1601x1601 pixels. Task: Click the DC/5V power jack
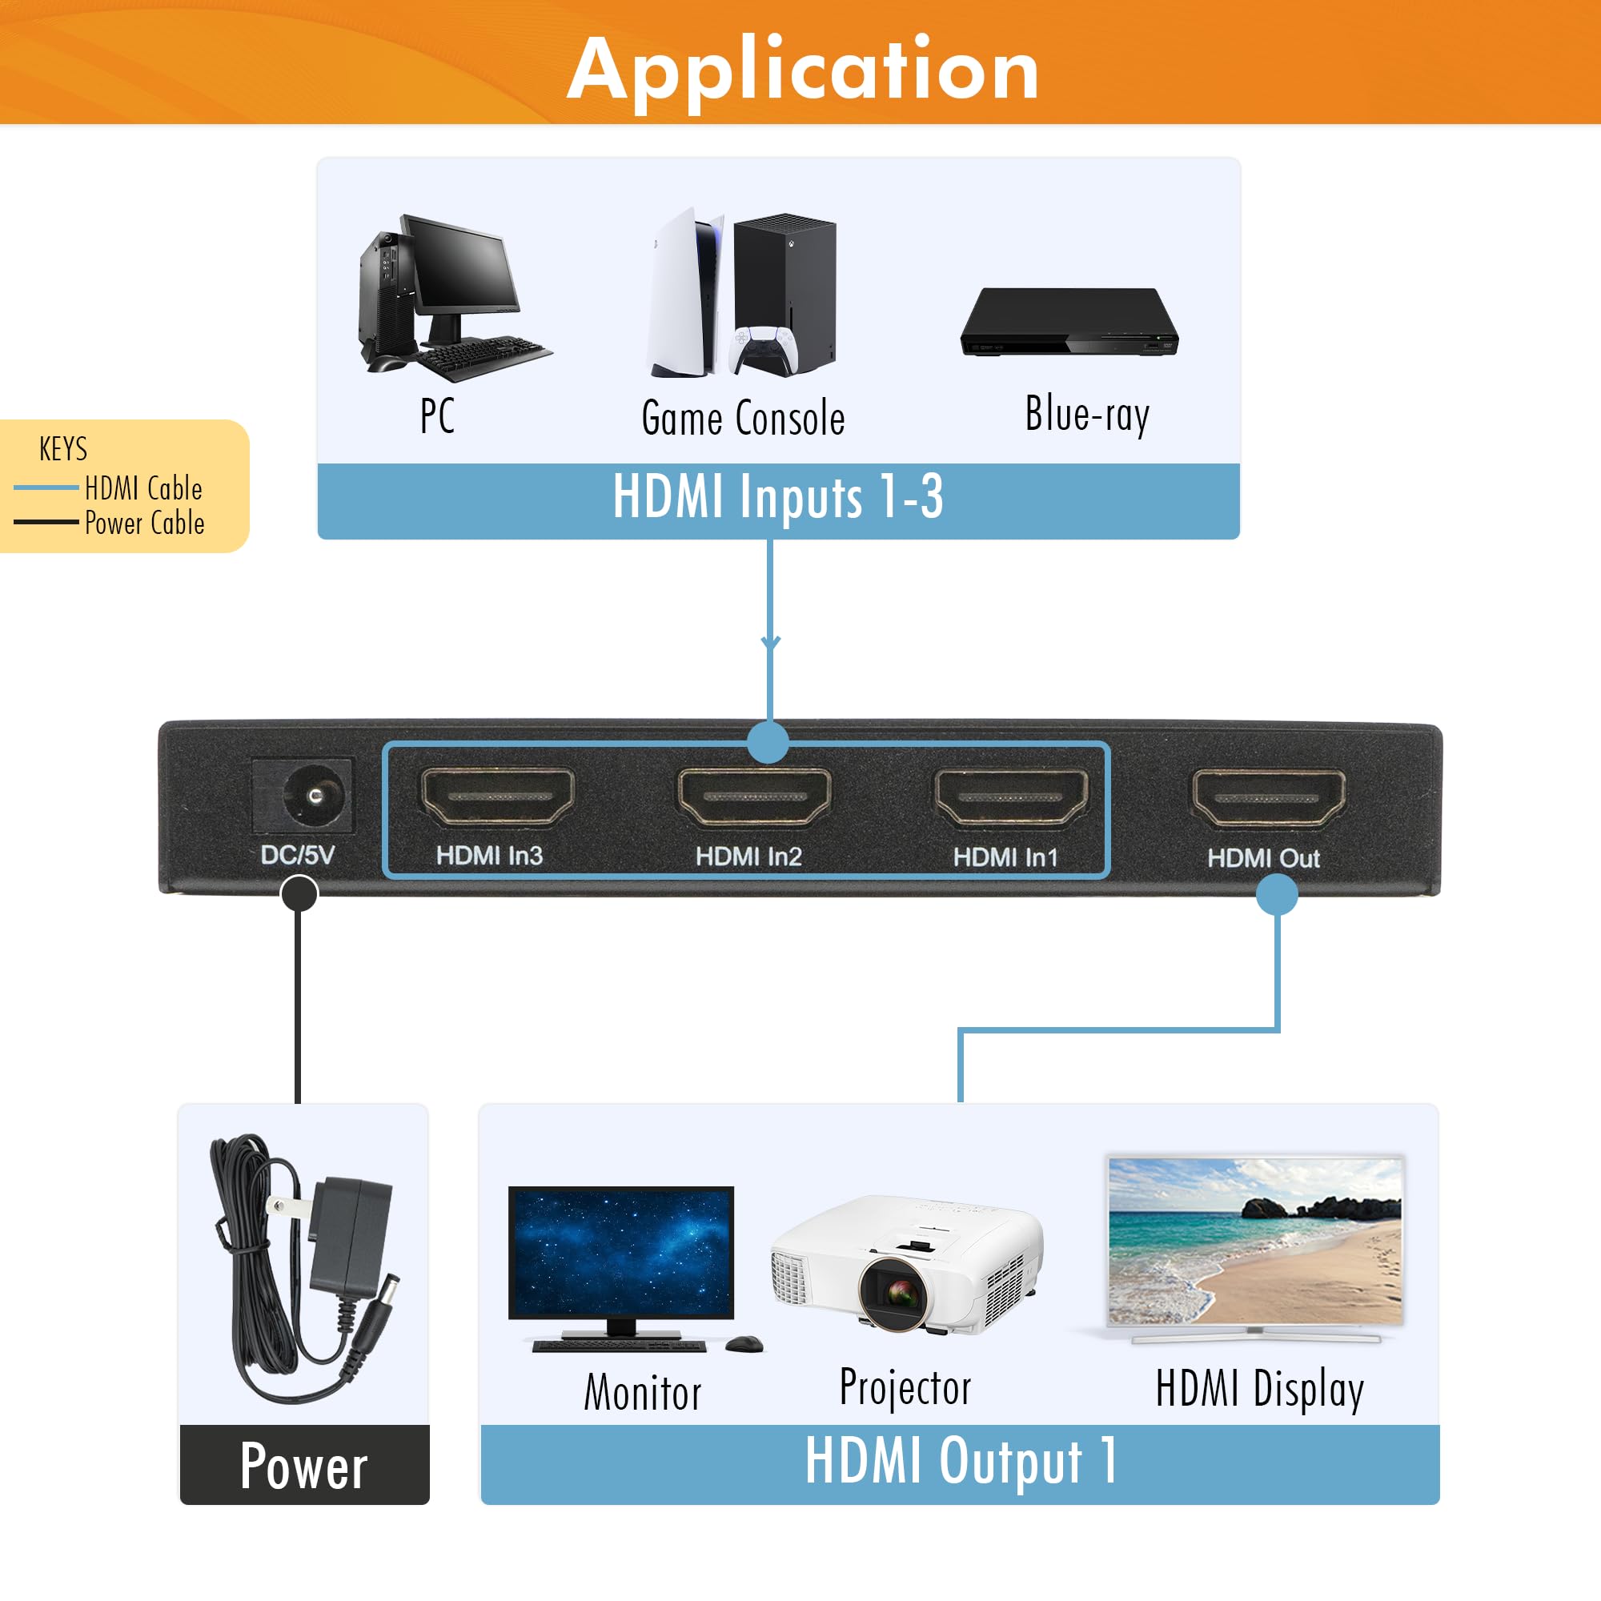pyautogui.click(x=314, y=796)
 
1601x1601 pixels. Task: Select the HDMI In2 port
pyautogui.click(x=754, y=796)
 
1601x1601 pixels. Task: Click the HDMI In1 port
pyautogui.click(x=1011, y=797)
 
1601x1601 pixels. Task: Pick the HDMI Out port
pyautogui.click(x=1269, y=798)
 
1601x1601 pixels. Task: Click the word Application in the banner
pyautogui.click(x=802, y=70)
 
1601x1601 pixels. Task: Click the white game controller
pyautogui.click(x=764, y=351)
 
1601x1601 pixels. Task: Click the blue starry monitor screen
pyautogui.click(x=620, y=1251)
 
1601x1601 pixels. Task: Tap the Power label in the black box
pyautogui.click(x=304, y=1466)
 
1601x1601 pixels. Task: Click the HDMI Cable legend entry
pyautogui.click(x=143, y=489)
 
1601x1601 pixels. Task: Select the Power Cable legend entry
pyautogui.click(x=144, y=524)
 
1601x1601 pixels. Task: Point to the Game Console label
pyautogui.click(x=744, y=418)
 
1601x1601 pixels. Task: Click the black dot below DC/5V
pyautogui.click(x=299, y=894)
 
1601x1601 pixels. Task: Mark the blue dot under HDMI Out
pyautogui.click(x=1276, y=894)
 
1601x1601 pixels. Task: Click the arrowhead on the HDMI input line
pyautogui.click(x=771, y=642)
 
